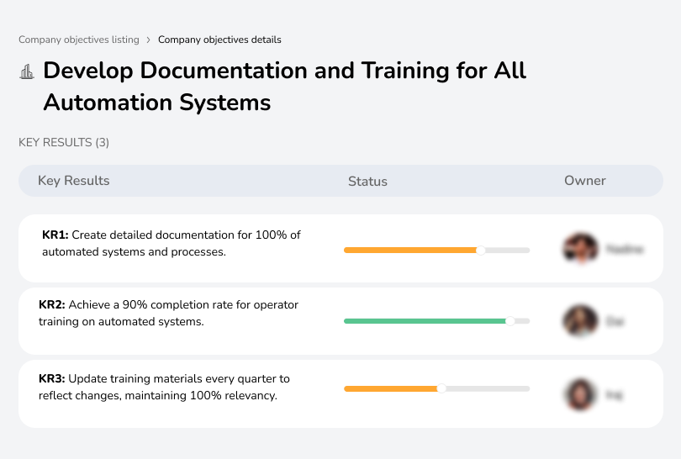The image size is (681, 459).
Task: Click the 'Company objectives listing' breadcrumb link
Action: tap(79, 40)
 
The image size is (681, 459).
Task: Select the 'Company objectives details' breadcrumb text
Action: tap(219, 40)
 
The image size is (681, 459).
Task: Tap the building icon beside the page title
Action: tap(27, 72)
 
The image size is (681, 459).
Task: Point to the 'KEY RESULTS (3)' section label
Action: tap(64, 143)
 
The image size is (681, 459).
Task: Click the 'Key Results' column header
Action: tap(73, 181)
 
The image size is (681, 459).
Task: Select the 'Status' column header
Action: tap(367, 181)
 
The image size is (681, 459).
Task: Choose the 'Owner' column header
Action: tap(585, 181)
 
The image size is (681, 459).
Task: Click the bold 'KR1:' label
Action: tap(55, 235)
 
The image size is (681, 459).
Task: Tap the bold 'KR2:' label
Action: tap(52, 305)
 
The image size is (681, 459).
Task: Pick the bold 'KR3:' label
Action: tap(52, 379)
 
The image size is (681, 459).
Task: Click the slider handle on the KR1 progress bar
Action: tap(481, 250)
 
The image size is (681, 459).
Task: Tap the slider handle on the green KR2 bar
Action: tap(509, 321)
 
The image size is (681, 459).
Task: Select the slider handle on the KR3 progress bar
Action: tap(441, 388)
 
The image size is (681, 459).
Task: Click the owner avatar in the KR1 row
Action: tap(579, 249)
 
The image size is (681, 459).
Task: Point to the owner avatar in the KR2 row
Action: tap(579, 321)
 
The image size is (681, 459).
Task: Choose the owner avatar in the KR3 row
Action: tap(579, 393)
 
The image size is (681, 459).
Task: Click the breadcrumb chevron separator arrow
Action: tap(148, 40)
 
